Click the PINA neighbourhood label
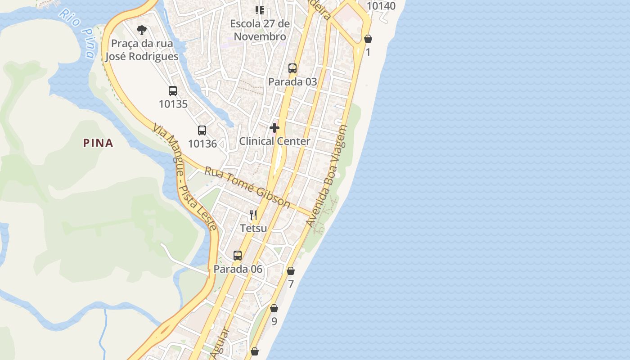[x=98, y=143]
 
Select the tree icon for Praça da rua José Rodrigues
[x=142, y=30]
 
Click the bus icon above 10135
[x=173, y=90]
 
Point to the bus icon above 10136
[x=202, y=130]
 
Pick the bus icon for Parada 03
[x=292, y=68]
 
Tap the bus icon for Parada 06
[x=238, y=256]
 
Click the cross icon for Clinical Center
[x=274, y=128]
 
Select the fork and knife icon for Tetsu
[x=253, y=215]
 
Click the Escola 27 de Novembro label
[x=260, y=30]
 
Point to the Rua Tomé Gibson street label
[x=247, y=187]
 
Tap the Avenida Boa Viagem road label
[x=327, y=175]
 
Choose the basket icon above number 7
[x=291, y=271]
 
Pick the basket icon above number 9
[x=274, y=308]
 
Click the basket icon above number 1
[x=368, y=39]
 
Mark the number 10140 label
[x=381, y=6]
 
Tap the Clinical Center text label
[x=274, y=141]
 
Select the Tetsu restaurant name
[x=253, y=228]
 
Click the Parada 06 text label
[x=238, y=269]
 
